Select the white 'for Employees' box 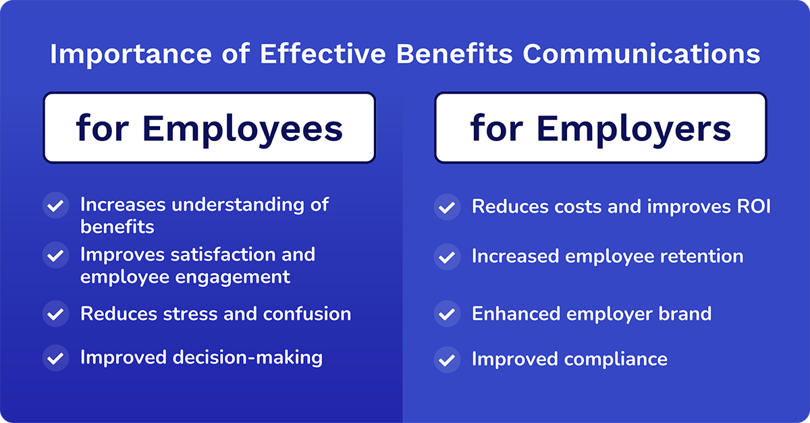[x=209, y=128]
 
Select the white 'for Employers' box [x=600, y=128]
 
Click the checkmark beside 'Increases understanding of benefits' [x=55, y=204]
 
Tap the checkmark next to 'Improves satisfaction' [x=55, y=255]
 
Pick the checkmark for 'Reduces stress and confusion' [x=55, y=314]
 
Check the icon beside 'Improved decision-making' [x=55, y=357]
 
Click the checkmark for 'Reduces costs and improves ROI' [x=446, y=207]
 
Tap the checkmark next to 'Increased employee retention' [x=446, y=257]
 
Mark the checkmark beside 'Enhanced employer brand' [x=446, y=314]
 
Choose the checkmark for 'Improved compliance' [x=446, y=359]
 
